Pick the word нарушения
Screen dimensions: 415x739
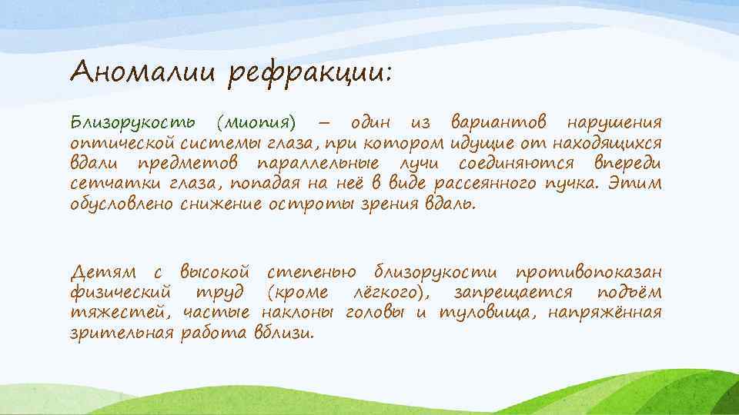613,124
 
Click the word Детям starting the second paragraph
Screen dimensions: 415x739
103,273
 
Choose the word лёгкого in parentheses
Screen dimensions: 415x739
386,294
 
